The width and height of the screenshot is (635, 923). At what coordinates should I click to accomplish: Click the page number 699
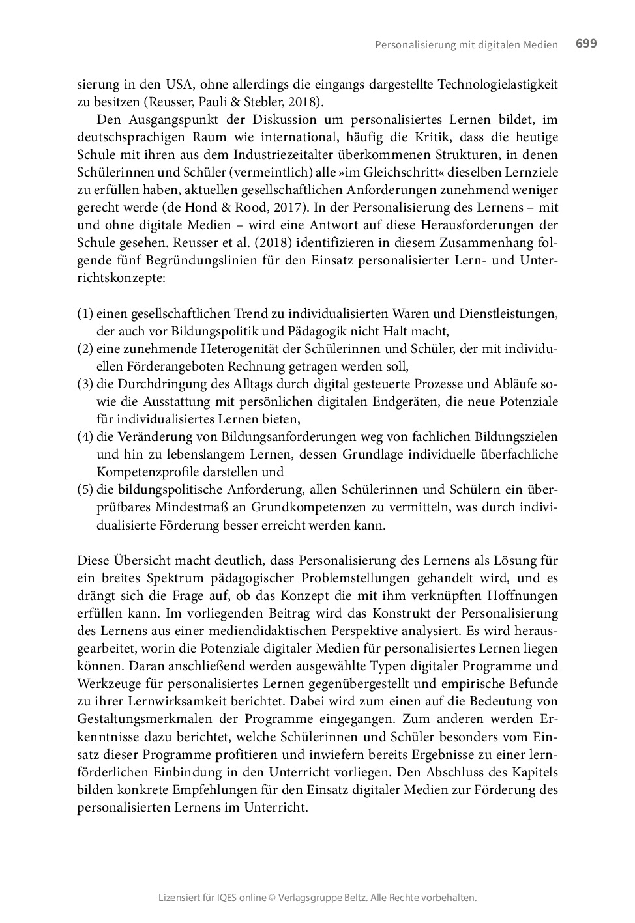(586, 44)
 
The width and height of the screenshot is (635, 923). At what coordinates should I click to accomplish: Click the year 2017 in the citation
(297, 208)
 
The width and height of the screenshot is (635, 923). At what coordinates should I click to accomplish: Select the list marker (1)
(85, 313)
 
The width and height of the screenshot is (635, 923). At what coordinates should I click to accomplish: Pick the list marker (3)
(85, 384)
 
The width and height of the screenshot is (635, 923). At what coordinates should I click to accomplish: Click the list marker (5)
(85, 489)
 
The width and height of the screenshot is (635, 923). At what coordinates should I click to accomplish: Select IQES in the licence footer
(230, 898)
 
